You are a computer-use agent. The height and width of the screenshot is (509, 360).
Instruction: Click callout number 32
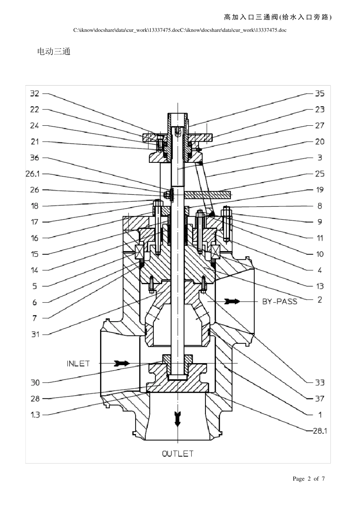coord(34,94)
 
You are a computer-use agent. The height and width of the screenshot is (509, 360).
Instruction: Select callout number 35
coord(319,94)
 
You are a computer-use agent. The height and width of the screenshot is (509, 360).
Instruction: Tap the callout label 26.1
coord(33,174)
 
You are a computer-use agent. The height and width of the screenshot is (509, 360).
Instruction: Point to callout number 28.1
coord(320,431)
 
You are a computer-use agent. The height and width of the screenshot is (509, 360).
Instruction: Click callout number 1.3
coord(35,415)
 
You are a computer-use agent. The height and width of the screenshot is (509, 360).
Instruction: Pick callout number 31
coord(35,334)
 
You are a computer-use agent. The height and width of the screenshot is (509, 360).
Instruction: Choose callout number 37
coord(319,398)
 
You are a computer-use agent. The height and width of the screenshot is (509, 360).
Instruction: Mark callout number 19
coord(320,190)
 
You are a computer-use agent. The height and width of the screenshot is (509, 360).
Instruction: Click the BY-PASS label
coord(280,301)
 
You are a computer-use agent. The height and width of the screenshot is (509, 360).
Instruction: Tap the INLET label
coord(78,364)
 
